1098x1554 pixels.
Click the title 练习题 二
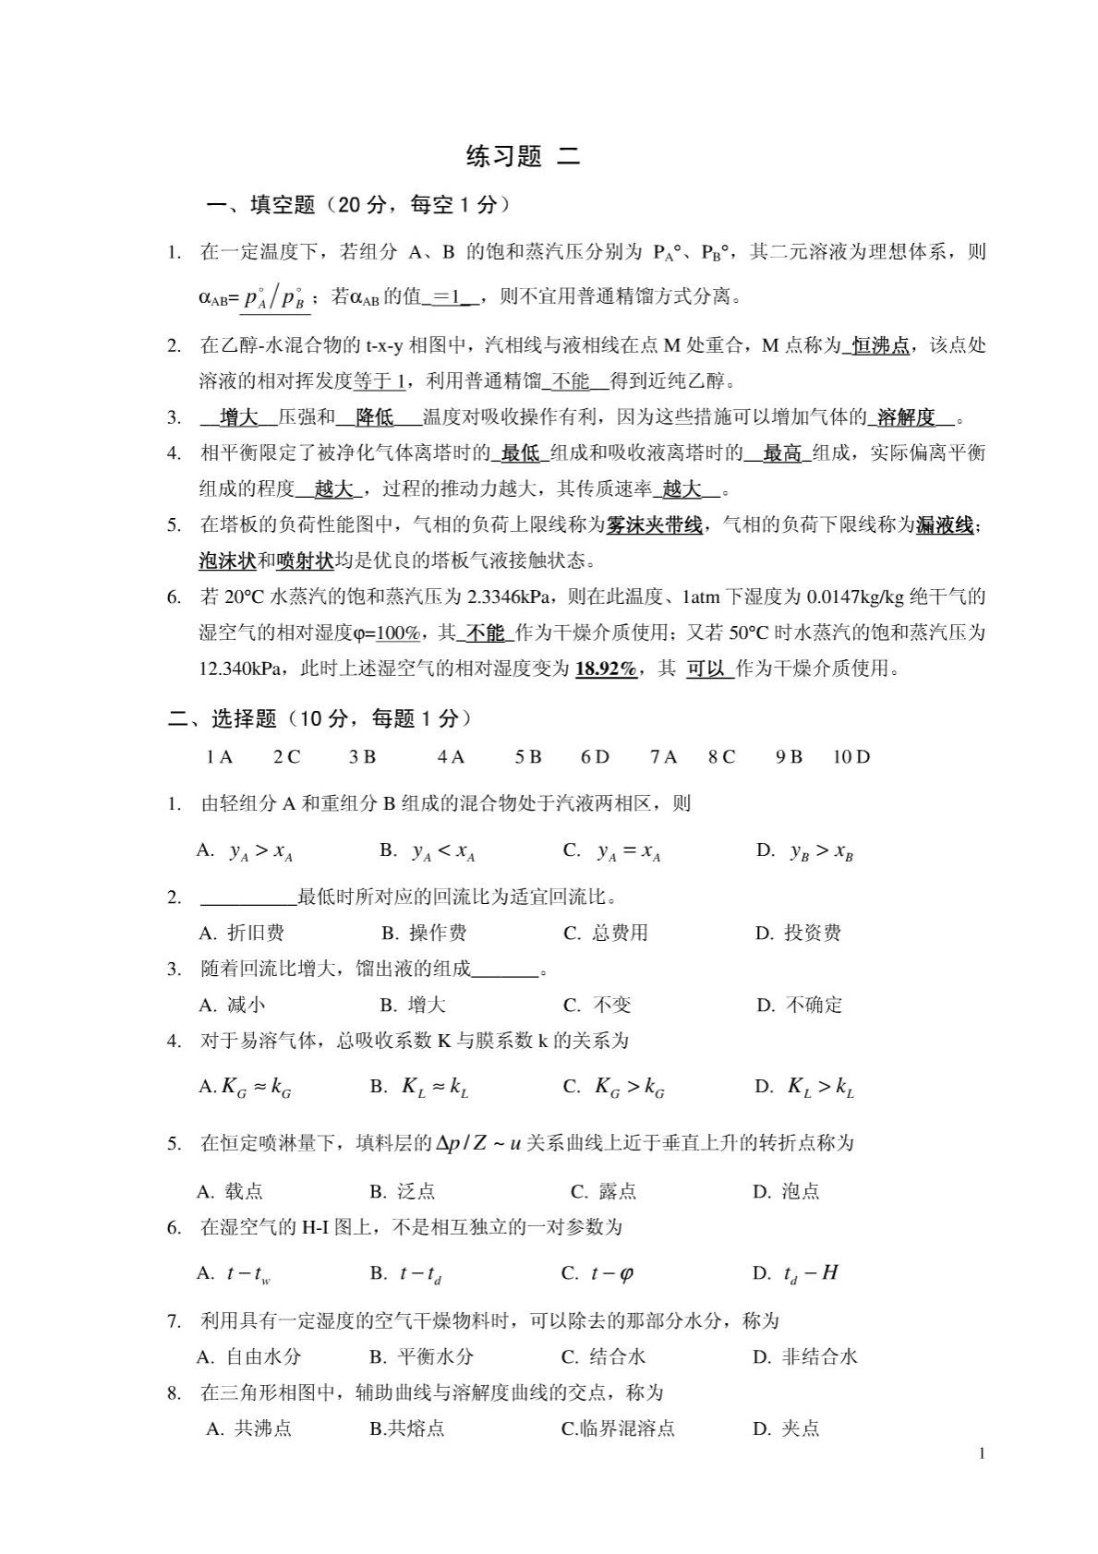click(524, 157)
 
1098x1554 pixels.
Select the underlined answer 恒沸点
click(879, 346)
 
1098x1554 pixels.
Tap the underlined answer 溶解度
click(905, 418)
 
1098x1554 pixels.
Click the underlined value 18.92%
click(606, 669)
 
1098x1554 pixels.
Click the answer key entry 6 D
click(595, 758)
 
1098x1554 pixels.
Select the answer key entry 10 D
click(851, 758)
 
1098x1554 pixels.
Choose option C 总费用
click(606, 934)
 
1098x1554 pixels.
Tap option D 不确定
click(800, 1006)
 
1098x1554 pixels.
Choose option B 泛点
click(403, 1191)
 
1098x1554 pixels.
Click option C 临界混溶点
click(618, 1429)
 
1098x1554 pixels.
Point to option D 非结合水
click(805, 1356)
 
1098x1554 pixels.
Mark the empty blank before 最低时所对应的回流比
click(247, 897)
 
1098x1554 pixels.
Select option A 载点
click(231, 1191)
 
